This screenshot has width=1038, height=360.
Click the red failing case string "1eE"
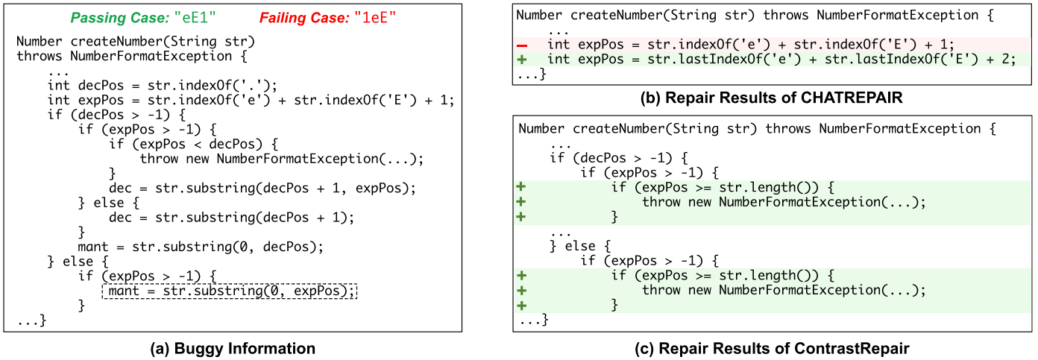(x=373, y=16)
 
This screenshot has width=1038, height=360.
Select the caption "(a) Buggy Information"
(x=234, y=348)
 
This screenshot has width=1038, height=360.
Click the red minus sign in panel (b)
(x=522, y=45)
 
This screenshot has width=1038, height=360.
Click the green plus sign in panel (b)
(x=522, y=59)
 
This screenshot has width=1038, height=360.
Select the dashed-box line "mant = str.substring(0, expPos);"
(x=230, y=291)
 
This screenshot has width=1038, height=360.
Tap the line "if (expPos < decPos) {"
(x=193, y=144)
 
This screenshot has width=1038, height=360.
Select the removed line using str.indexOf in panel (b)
(x=750, y=45)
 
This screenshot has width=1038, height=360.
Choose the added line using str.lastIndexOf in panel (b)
(x=781, y=59)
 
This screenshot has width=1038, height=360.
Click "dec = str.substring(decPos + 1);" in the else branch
(x=231, y=218)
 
